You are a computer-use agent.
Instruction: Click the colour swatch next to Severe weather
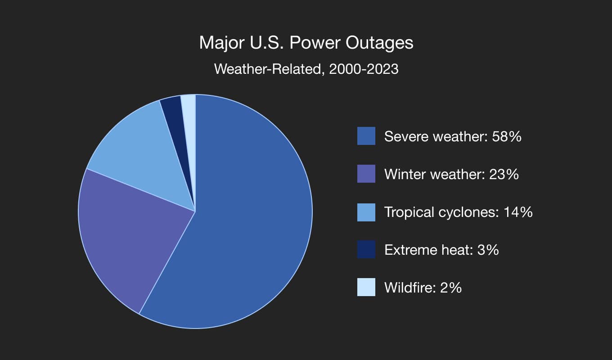(x=366, y=136)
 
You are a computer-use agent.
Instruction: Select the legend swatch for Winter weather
(x=366, y=174)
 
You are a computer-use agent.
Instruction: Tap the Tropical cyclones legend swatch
(x=366, y=212)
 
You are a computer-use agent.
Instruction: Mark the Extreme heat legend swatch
(x=366, y=249)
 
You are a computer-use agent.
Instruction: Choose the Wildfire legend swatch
(x=366, y=287)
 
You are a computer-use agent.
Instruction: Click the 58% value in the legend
(x=507, y=136)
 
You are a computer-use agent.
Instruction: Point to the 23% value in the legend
(x=504, y=174)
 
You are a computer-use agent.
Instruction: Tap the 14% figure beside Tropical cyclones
(x=518, y=212)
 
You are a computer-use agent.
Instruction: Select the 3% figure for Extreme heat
(x=488, y=250)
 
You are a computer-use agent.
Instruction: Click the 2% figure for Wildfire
(x=451, y=288)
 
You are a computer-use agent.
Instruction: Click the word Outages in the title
(x=379, y=43)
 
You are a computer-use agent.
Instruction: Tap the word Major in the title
(x=221, y=43)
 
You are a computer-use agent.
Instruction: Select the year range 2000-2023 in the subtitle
(x=364, y=69)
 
